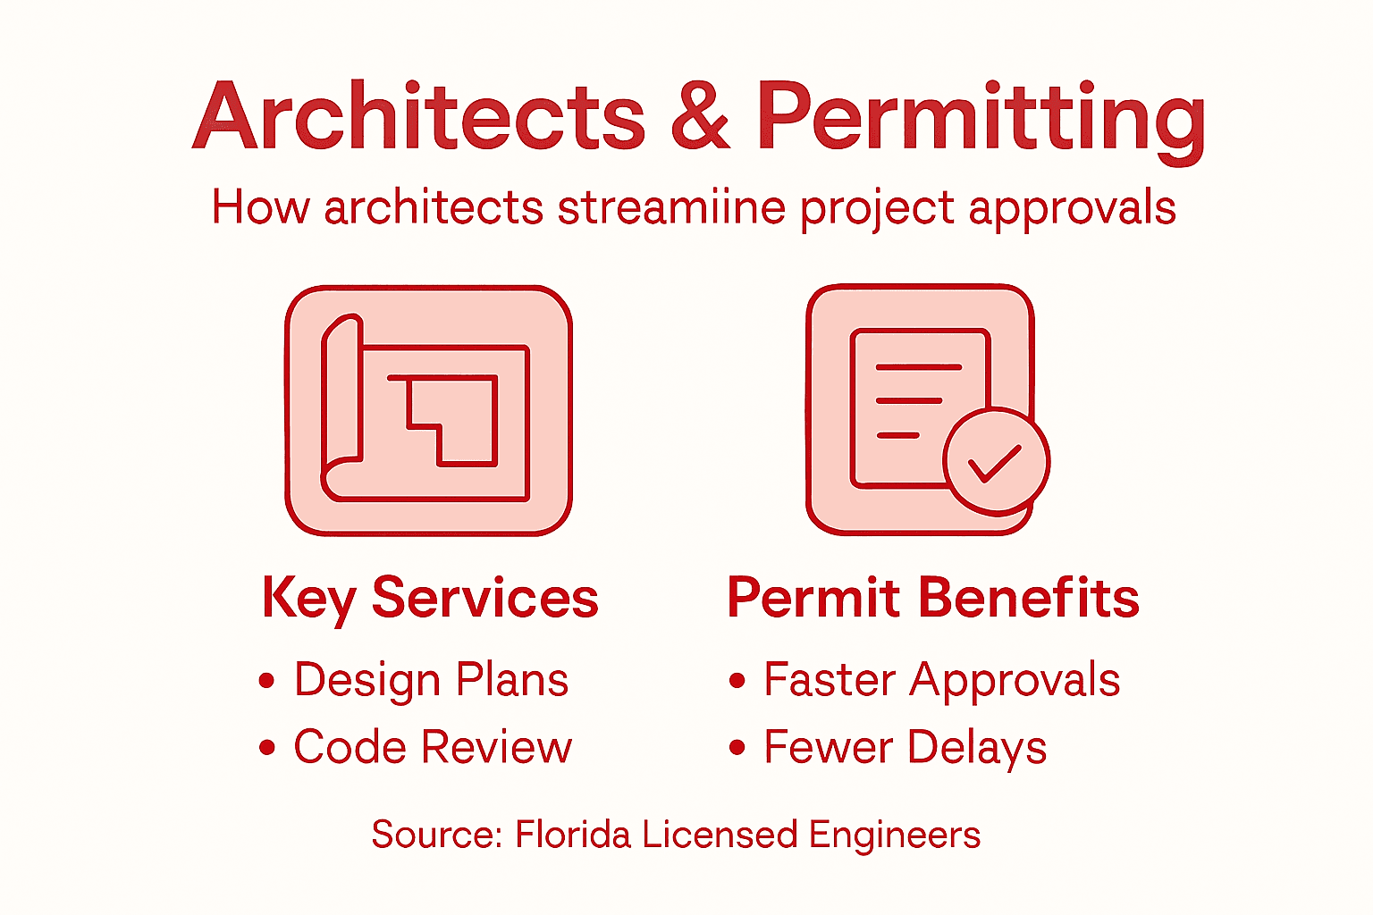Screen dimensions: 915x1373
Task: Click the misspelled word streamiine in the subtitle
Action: (x=671, y=208)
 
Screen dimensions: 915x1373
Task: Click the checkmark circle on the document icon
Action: (x=996, y=461)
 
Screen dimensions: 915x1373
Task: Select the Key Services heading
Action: (x=430, y=598)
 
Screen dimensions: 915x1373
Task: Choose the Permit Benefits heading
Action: (x=933, y=598)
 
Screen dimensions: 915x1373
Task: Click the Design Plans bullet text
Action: (x=431, y=681)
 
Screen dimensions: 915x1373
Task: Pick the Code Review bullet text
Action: (x=433, y=747)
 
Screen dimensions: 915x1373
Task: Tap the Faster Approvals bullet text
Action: (x=941, y=681)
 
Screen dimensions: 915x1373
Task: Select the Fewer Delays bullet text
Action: (x=905, y=748)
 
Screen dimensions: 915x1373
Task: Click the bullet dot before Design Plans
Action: (x=266, y=681)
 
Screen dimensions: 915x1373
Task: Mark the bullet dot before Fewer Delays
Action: (x=737, y=747)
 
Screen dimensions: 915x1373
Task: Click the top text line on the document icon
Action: (x=918, y=367)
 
